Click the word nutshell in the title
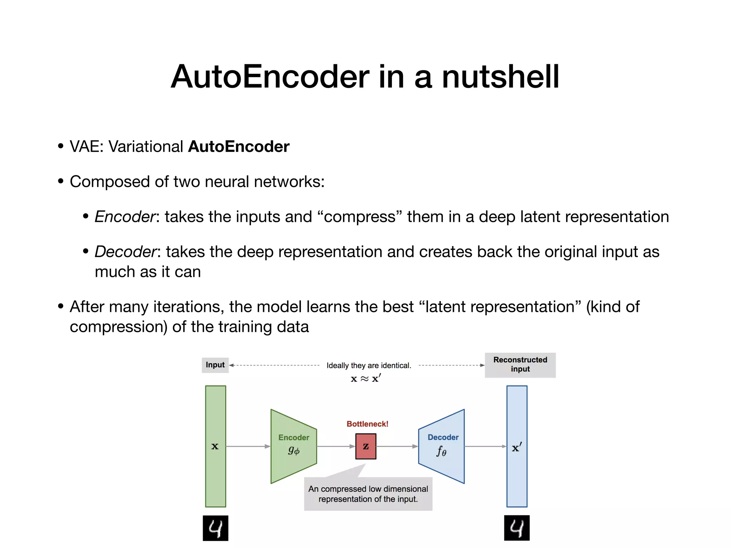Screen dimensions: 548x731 click(500, 77)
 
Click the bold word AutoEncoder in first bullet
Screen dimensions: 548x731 click(238, 147)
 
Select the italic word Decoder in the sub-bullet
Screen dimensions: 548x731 click(125, 252)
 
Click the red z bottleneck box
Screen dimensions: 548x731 click(365, 446)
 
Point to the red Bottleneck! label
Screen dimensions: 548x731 click(367, 424)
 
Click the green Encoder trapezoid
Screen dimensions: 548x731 click(293, 446)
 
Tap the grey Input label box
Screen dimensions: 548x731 click(215, 365)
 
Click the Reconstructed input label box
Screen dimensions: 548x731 click(520, 365)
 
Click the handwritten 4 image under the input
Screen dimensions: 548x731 click(215, 528)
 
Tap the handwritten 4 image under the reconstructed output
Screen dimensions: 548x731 click(516, 528)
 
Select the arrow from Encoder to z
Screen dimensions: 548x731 click(336, 446)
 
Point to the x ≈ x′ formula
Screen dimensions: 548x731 click(365, 379)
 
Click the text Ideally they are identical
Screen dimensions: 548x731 click(369, 365)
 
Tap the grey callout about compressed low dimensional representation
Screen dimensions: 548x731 click(368, 494)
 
